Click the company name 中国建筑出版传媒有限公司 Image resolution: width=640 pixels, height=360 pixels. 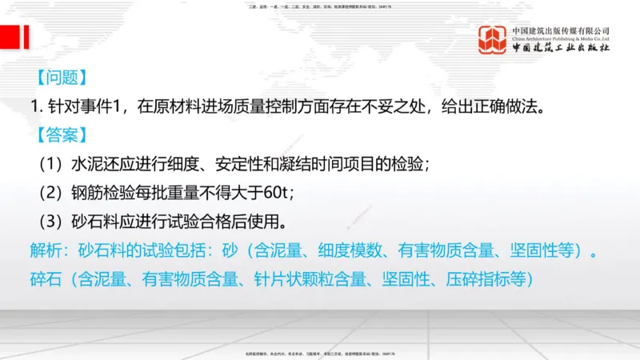coord(561,30)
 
